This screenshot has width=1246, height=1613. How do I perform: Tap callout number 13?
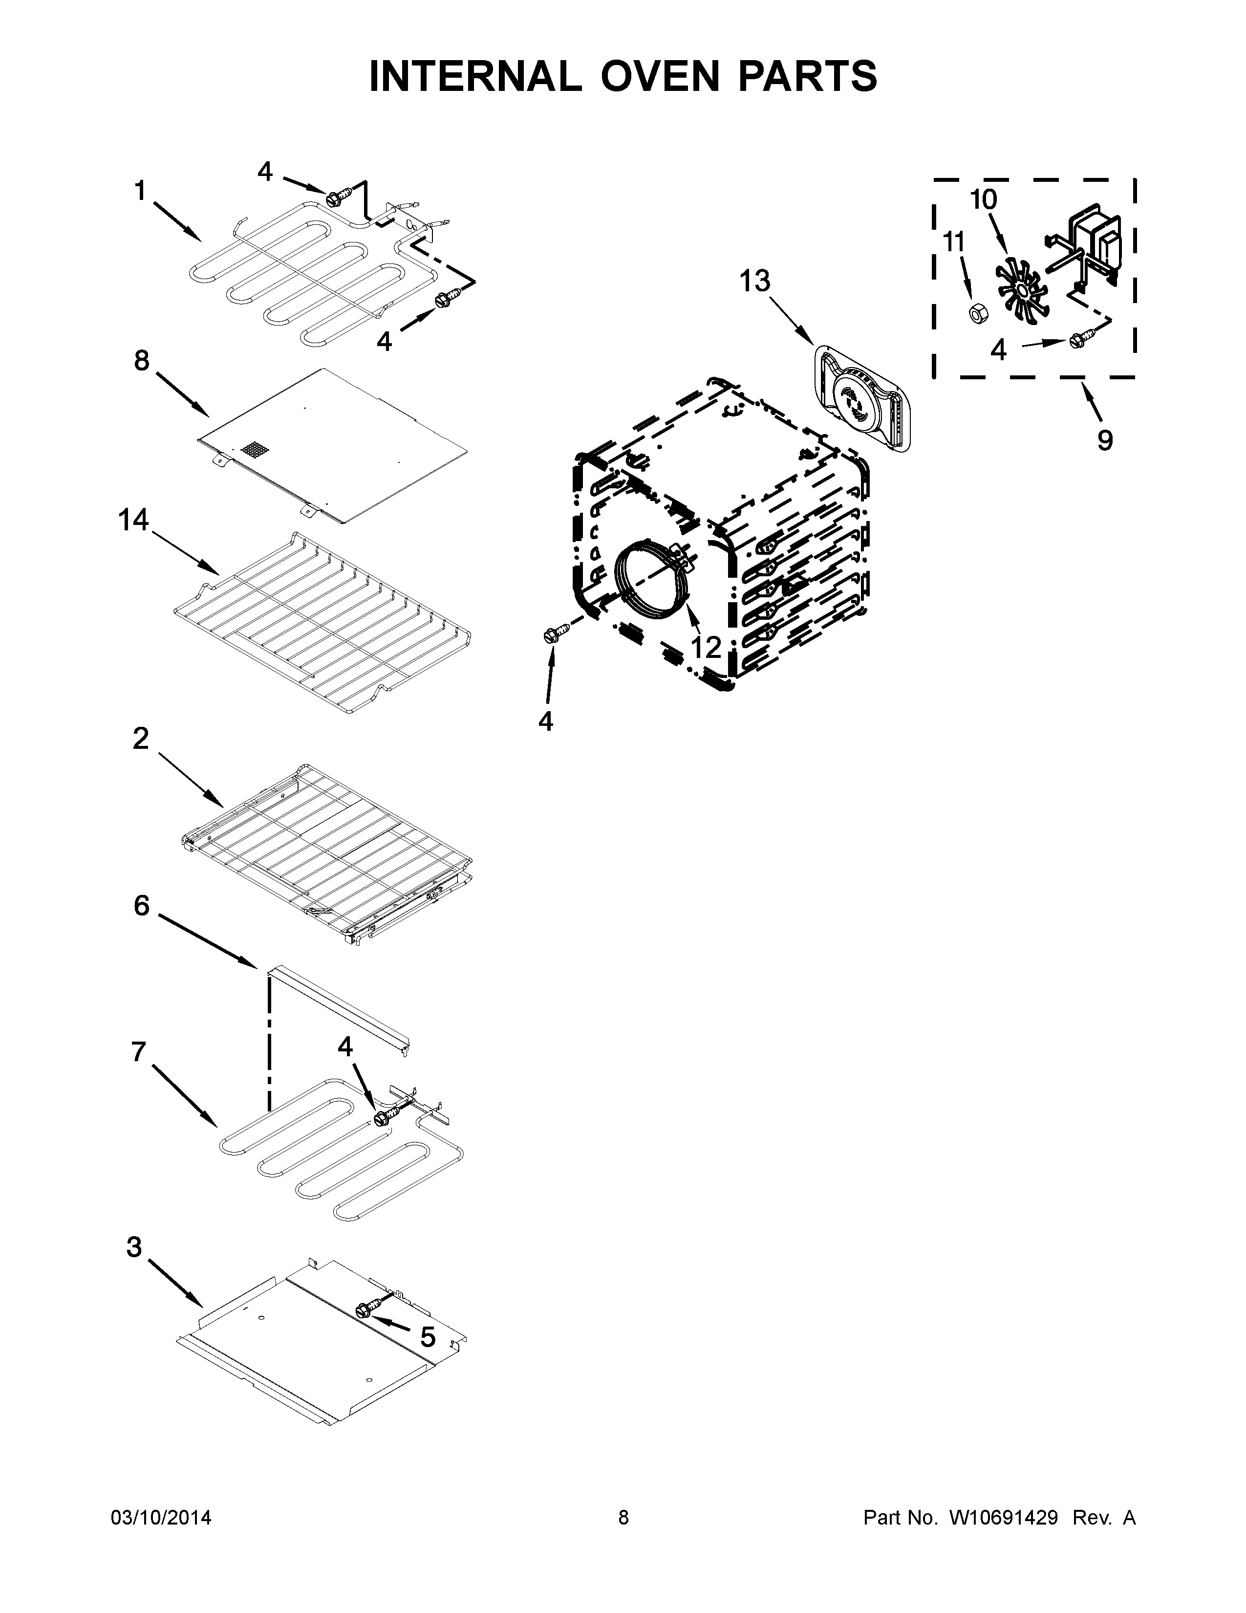[x=754, y=282]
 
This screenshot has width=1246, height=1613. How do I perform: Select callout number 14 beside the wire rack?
[x=133, y=520]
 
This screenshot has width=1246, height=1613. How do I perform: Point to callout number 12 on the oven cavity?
[x=706, y=648]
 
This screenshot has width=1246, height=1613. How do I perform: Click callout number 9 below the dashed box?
[x=1104, y=440]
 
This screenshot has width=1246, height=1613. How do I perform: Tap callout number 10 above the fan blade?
[x=983, y=199]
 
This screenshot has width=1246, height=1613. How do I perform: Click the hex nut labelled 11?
[x=978, y=313]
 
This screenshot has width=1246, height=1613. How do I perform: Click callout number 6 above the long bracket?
[x=142, y=905]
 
